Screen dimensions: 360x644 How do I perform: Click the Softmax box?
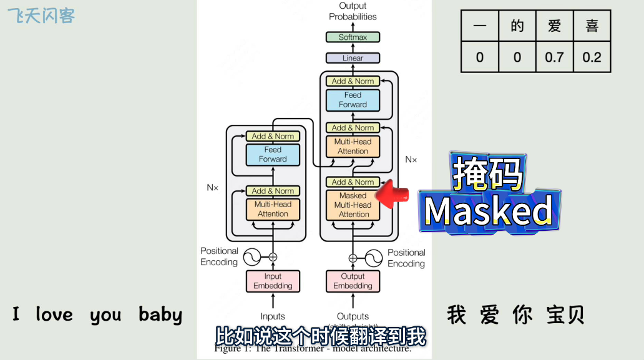[x=353, y=37]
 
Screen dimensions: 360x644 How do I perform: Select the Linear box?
[x=353, y=58]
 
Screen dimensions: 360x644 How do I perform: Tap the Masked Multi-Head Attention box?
[x=353, y=205]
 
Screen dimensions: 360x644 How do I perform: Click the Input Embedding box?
[x=273, y=281]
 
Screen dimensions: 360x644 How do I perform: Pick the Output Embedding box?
[x=353, y=281]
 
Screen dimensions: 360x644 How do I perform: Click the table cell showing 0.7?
[x=554, y=57]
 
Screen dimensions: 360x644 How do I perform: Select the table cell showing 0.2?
[x=592, y=57]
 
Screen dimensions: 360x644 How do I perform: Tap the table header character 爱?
[x=554, y=26]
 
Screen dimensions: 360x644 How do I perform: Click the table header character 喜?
[x=592, y=26]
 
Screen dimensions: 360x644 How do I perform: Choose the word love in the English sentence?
[x=54, y=314]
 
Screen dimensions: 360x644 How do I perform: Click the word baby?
[x=160, y=315]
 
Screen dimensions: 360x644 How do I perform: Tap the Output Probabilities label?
[x=353, y=11]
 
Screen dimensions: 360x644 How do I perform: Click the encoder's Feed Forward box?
[x=273, y=154]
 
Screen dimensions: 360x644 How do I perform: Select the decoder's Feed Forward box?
[x=353, y=100]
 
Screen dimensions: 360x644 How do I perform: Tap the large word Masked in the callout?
[x=489, y=211]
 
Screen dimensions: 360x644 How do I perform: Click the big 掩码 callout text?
[x=488, y=173]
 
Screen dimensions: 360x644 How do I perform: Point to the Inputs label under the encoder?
[x=273, y=316]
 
